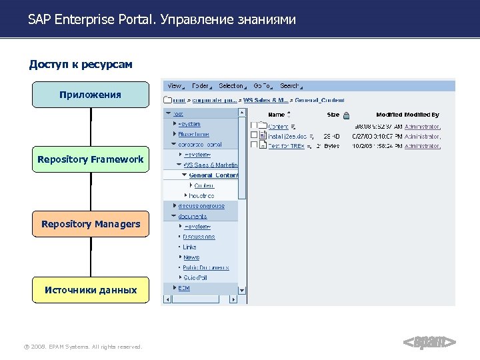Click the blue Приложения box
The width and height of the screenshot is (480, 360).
coord(91,95)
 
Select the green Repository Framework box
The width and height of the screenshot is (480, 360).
coord(91,159)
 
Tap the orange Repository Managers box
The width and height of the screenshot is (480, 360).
coord(91,224)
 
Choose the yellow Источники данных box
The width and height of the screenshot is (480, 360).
coord(91,290)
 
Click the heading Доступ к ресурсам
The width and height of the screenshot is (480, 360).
coord(81,65)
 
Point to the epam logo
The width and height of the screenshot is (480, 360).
coord(430,343)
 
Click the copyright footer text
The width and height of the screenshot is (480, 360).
coord(83,347)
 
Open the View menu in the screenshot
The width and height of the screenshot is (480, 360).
coord(175,86)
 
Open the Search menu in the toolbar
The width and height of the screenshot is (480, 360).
coord(290,86)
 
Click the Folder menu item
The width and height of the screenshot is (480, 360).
coord(201,86)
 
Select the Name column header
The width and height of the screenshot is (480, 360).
coord(276,115)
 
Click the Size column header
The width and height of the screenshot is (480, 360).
coord(333,115)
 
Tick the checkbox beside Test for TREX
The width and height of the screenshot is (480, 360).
coord(254,145)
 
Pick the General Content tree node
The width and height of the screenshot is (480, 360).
coord(213,175)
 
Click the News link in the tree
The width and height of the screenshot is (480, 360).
coord(191,257)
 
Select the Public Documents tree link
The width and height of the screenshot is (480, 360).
coord(205,267)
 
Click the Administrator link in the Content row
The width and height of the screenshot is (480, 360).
coord(423,125)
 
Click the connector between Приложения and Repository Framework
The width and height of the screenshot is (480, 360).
coord(91,127)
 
